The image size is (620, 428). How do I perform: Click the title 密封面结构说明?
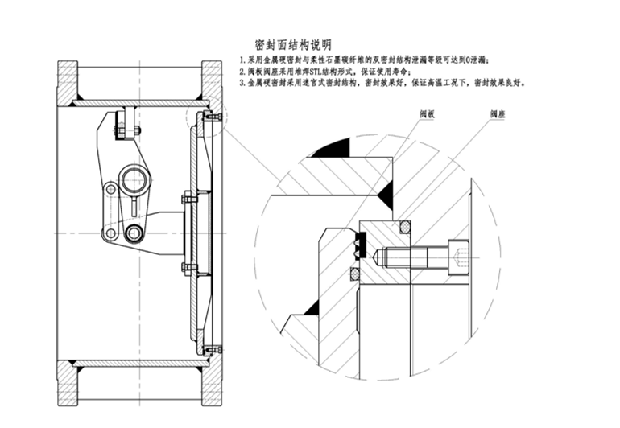coord(292,44)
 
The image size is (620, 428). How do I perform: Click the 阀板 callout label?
coord(427,116)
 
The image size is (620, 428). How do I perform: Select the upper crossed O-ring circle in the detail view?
coord(406,228)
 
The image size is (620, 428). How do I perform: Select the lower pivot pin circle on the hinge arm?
coord(133,233)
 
